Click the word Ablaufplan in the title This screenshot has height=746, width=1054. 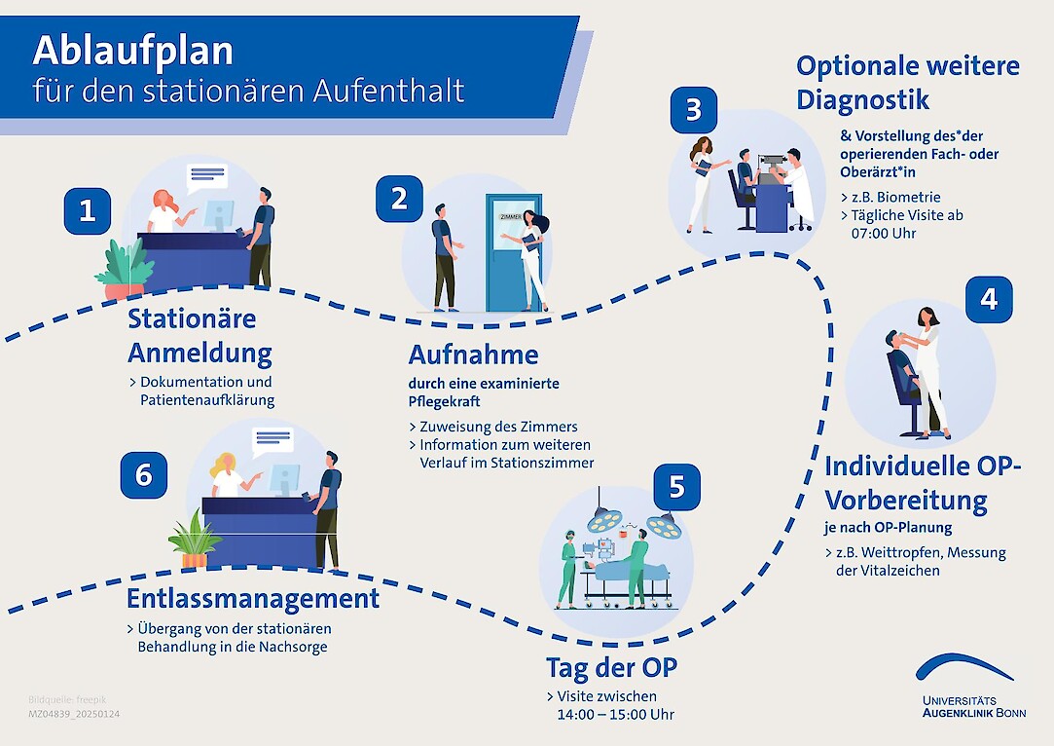click(133, 51)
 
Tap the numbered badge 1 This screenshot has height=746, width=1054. click(88, 211)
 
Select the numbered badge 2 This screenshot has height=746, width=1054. click(399, 199)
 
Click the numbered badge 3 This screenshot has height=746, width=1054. click(693, 110)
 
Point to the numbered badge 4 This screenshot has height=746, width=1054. click(989, 299)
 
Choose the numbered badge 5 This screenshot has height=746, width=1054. click(677, 488)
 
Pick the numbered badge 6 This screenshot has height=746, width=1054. click(144, 474)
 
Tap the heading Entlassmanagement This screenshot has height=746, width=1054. click(253, 597)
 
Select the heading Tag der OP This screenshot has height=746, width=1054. click(611, 668)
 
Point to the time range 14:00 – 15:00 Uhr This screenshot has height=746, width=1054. click(615, 714)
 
